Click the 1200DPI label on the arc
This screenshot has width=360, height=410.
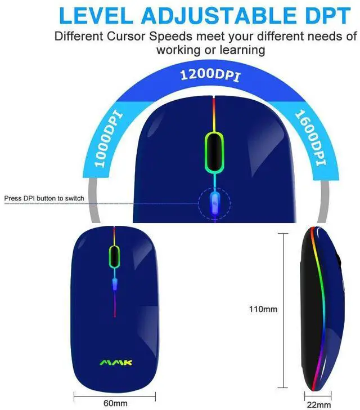(209, 75)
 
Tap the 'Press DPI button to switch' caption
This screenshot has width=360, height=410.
(44, 198)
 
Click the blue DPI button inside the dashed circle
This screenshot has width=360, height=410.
(214, 200)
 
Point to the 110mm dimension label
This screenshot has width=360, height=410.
(263, 309)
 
